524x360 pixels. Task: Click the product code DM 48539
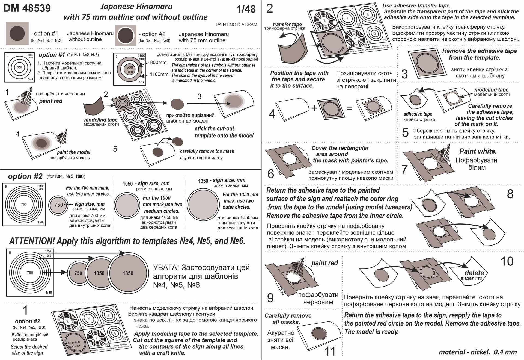27,8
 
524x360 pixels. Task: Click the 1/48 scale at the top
246,9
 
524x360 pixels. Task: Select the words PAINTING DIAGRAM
236,25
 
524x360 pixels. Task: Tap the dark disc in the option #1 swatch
17,33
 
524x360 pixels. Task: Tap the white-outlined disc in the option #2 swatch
126,35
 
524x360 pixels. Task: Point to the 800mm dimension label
158,63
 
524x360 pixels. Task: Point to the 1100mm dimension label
159,74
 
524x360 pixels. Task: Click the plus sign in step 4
314,108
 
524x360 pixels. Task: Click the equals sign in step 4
349,108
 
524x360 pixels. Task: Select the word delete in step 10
474,273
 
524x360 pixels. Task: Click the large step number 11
330,351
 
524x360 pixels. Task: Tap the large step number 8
510,194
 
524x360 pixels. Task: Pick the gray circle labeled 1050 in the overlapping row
99,273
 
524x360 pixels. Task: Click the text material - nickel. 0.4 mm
478,352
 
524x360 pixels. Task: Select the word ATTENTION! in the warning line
32,241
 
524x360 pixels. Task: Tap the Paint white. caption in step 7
478,151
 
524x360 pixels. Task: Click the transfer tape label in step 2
287,24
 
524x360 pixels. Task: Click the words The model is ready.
371,332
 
